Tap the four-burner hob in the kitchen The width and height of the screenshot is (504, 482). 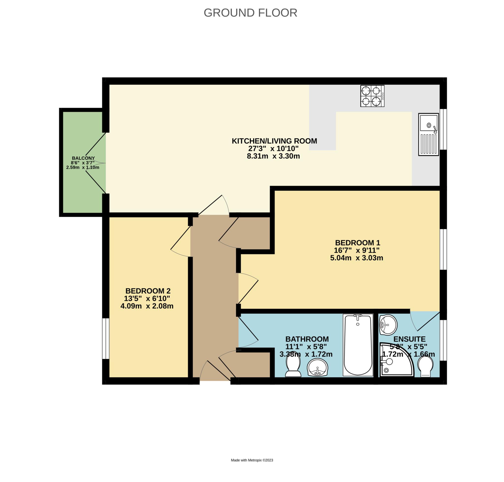coord(372,96)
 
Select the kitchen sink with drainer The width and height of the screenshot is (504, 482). coord(428,134)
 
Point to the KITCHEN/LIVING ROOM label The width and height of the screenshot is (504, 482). coord(274,141)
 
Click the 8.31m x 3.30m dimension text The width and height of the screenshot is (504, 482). coord(273,156)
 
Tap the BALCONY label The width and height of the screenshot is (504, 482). coord(83,158)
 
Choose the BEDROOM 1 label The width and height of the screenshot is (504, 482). coord(357,242)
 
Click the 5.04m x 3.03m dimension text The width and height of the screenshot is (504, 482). coord(357,258)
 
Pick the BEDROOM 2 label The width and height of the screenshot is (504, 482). coord(148,291)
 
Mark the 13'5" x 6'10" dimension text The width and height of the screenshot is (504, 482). coord(147,298)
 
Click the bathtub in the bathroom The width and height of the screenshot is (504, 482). coord(358,345)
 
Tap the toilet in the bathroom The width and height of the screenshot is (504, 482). coord(293,367)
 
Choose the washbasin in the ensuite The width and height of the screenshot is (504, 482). coord(388,325)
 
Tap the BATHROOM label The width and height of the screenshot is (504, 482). coord(307,339)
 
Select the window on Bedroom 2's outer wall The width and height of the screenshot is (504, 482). coord(106,339)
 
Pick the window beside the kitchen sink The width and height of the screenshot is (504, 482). coord(443,129)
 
